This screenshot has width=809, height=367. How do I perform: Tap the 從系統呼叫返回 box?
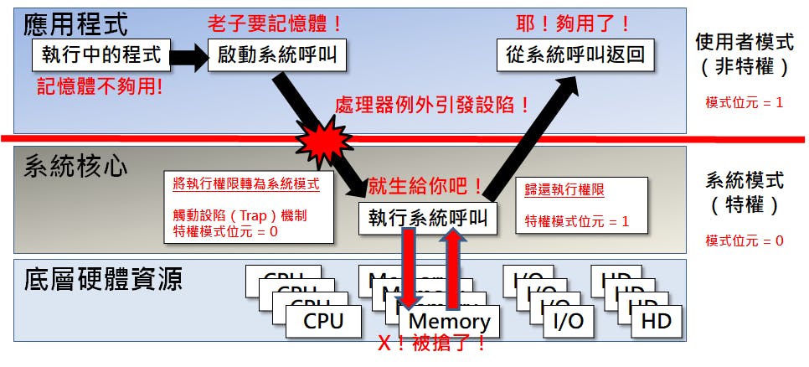point(576,56)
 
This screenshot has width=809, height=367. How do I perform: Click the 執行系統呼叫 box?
point(427,218)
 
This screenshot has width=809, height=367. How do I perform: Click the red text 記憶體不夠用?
point(99,86)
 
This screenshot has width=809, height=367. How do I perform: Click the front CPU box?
point(323,320)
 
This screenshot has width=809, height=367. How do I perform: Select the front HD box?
point(656,319)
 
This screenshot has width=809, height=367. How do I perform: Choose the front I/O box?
point(569,319)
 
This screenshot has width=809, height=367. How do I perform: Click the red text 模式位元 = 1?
point(745,103)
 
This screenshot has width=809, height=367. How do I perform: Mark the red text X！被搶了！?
point(432,344)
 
